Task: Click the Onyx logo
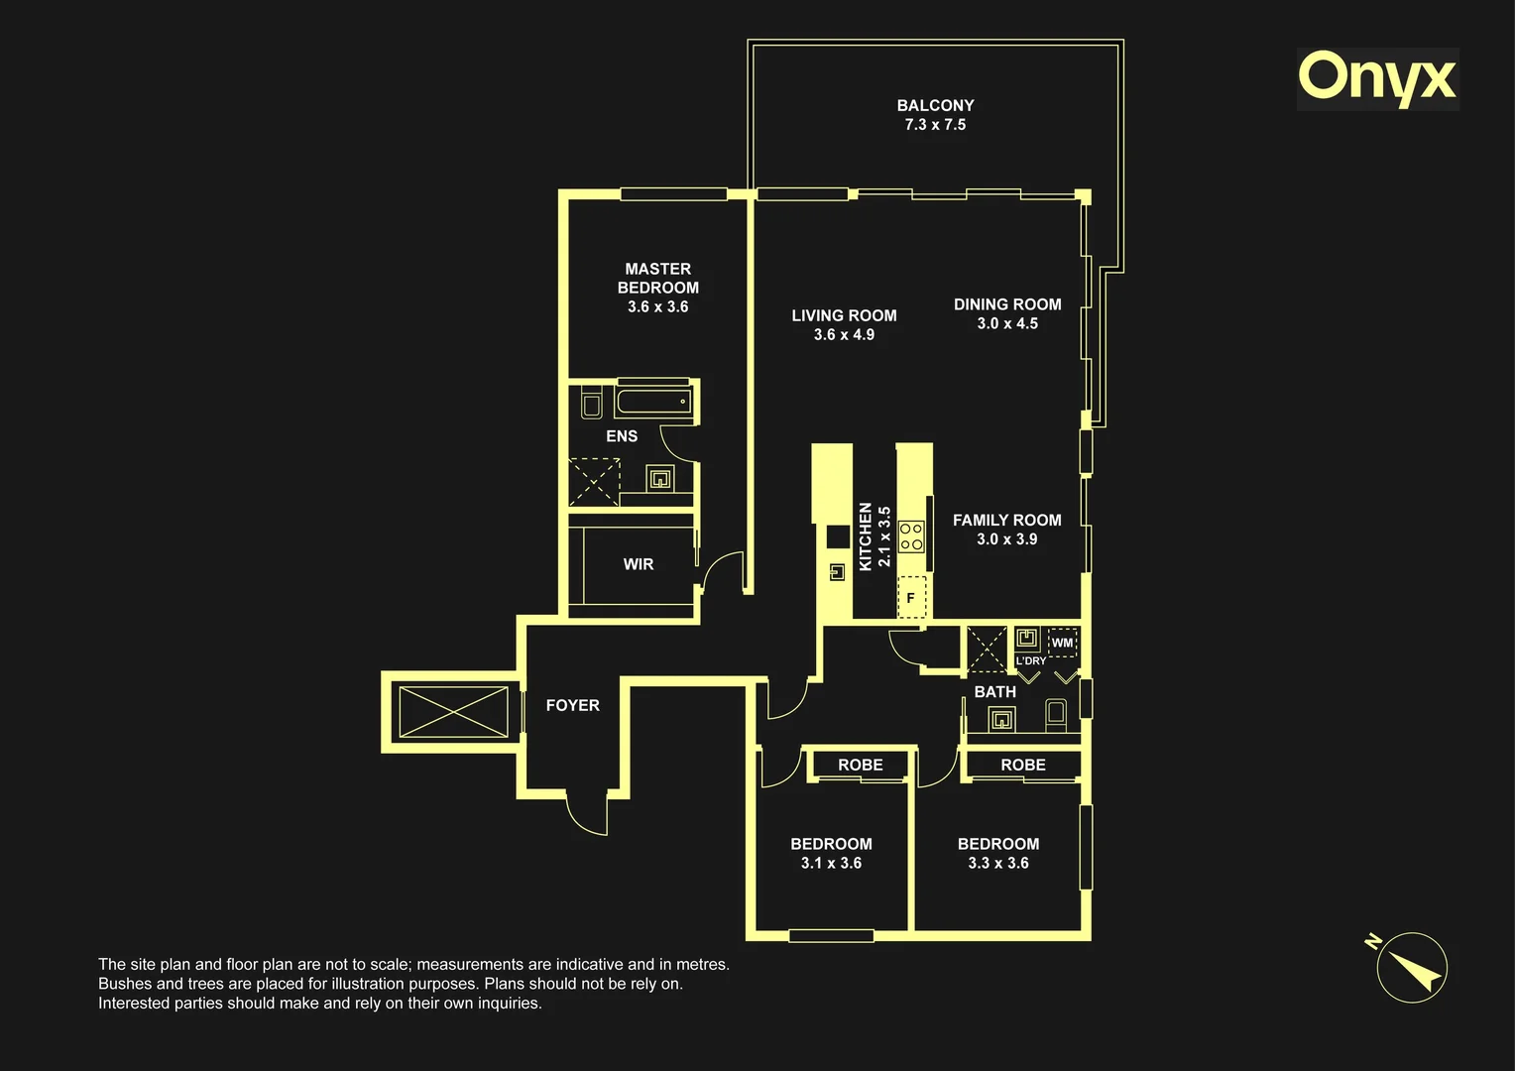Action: tap(1378, 79)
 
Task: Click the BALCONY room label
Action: tap(935, 105)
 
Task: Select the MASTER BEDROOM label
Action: tap(658, 278)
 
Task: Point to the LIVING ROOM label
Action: tap(844, 315)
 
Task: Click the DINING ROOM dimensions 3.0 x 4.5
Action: tap(1007, 323)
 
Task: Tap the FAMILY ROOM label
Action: tap(1007, 521)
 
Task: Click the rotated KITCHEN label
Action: tap(865, 536)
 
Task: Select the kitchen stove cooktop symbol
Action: tap(911, 536)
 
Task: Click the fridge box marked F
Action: tap(911, 597)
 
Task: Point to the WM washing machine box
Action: tap(1062, 643)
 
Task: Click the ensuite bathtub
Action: tap(654, 402)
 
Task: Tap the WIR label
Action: tap(639, 564)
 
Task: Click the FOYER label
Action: tap(573, 705)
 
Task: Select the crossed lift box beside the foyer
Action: tap(453, 712)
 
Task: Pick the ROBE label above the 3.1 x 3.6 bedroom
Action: tap(861, 765)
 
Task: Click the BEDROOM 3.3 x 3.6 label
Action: tap(998, 853)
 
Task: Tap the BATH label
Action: tap(994, 691)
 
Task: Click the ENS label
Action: tap(622, 436)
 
